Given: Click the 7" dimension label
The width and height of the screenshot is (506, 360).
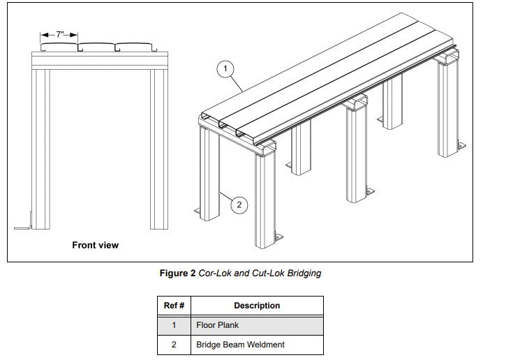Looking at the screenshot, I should click(59, 34).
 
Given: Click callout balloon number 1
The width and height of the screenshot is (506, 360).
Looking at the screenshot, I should click(224, 68).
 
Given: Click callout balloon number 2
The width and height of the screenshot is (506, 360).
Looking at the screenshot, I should click(239, 204).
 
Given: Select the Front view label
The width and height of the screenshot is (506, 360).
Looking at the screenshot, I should click(96, 245).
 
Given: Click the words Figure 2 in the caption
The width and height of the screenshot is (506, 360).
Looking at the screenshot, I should click(177, 273).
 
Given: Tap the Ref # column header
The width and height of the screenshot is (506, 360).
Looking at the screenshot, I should click(174, 306).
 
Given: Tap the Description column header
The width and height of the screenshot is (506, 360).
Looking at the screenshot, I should click(256, 306).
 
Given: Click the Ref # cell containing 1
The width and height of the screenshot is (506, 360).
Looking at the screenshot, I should click(174, 325).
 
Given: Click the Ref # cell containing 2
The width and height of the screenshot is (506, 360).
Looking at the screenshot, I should click(174, 345).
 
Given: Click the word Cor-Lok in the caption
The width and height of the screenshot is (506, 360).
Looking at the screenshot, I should click(214, 273).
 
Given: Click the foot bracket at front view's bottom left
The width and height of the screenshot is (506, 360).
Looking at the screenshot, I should click(23, 226).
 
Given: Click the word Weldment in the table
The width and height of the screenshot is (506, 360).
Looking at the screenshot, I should click(266, 345).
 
